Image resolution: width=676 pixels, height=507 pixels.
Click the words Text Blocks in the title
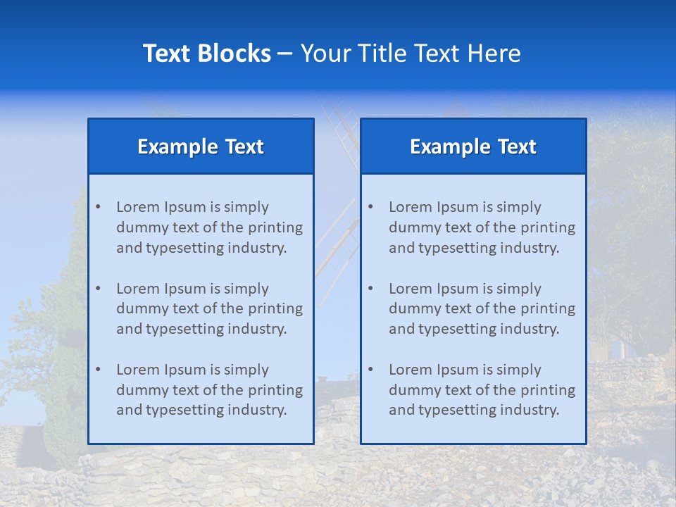point(206,54)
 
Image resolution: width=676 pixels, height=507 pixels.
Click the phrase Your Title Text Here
point(411,54)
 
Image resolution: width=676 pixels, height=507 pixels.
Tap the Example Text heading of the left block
point(201,146)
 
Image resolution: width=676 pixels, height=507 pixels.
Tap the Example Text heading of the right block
point(473,146)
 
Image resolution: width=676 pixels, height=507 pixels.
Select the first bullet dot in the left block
point(98,207)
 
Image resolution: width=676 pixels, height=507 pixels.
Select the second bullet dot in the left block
point(98,289)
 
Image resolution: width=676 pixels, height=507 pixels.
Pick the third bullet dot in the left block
point(98,370)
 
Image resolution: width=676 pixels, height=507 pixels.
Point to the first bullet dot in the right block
point(370,207)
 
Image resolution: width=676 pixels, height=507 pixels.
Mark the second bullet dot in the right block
point(370,289)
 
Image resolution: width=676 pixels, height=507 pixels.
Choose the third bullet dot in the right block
point(370,370)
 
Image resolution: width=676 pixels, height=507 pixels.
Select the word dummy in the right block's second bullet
point(413,308)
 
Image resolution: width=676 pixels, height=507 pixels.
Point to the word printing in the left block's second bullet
point(275,308)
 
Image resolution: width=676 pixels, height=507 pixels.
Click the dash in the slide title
point(285,54)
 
